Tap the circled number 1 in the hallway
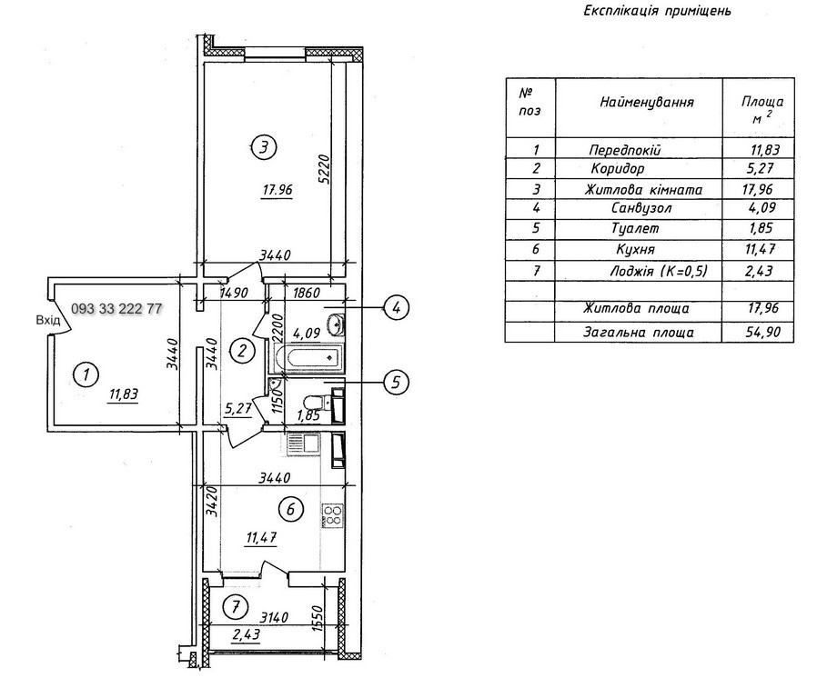[x=85, y=373]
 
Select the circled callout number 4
[x=396, y=307]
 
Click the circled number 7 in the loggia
[x=236, y=605]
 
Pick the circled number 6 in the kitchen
[x=289, y=510]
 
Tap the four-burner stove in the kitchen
[x=330, y=515]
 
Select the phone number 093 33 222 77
[x=116, y=309]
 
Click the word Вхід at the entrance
[x=48, y=320]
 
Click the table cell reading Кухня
[x=635, y=248]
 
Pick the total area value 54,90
[x=762, y=333]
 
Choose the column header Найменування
[x=646, y=102]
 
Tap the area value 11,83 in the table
[x=762, y=149]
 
